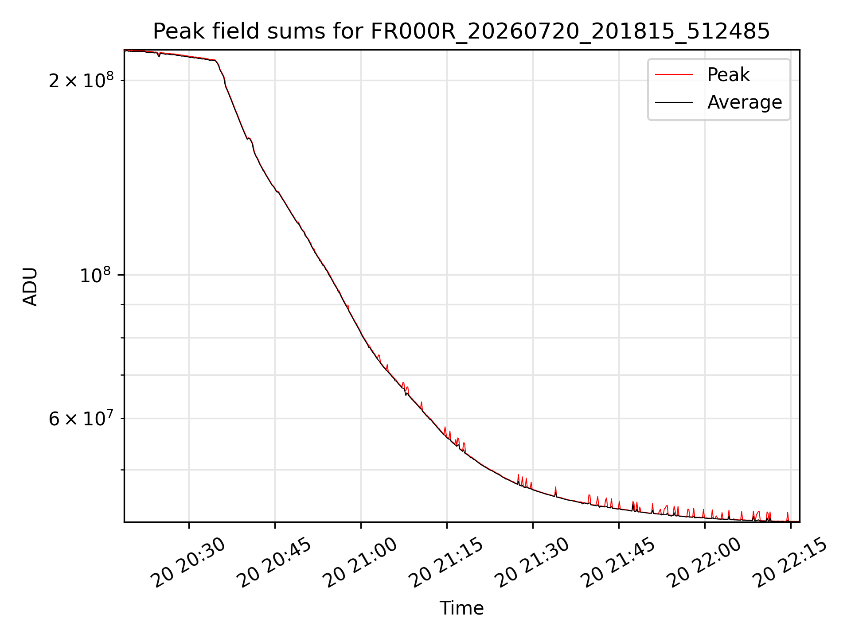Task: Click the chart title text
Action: point(461,31)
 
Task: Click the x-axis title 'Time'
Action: point(461,608)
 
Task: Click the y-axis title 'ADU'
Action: point(30,286)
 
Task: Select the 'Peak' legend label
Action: point(728,75)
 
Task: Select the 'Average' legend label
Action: point(745,102)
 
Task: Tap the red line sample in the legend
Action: point(674,75)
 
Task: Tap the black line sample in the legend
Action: point(674,102)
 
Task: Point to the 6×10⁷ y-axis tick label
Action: point(81,418)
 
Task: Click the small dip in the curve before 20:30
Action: point(159,55)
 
